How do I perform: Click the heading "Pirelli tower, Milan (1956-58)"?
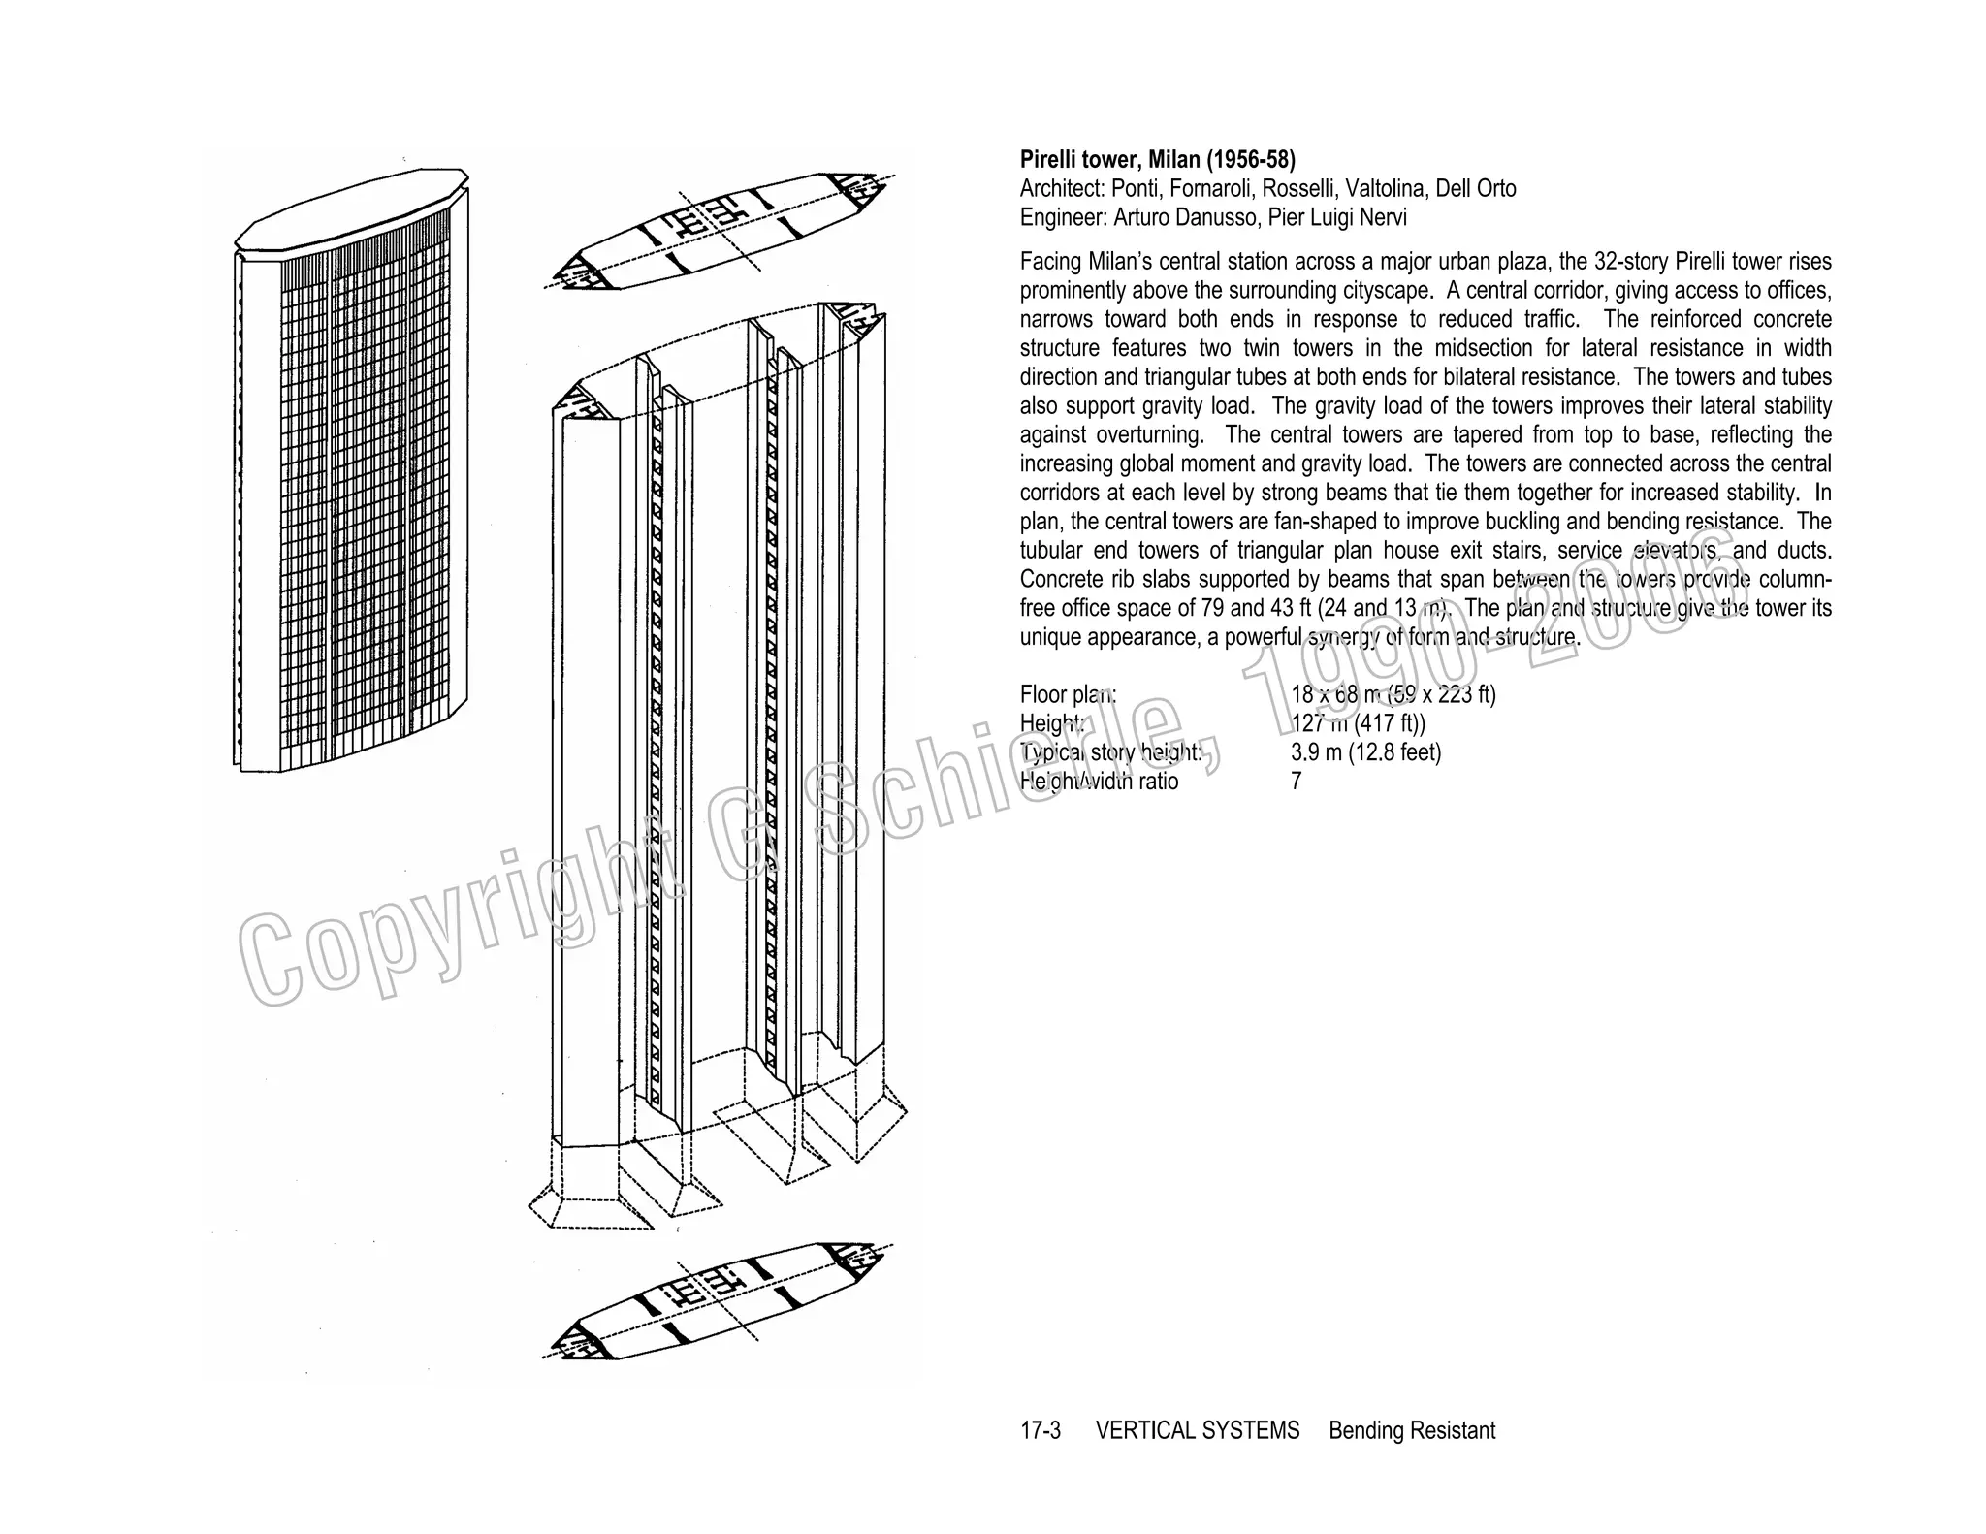(x=1157, y=159)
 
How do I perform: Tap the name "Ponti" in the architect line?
(x=1139, y=188)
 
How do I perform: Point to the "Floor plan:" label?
(x=1068, y=694)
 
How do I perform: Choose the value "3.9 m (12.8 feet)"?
(x=1365, y=752)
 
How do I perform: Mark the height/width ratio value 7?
(x=1297, y=782)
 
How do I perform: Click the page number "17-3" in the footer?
(x=1041, y=1430)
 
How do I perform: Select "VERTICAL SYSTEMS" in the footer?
(x=1197, y=1430)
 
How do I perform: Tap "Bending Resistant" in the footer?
(x=1411, y=1430)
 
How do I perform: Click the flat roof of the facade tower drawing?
(x=349, y=208)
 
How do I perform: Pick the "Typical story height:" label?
(x=1110, y=752)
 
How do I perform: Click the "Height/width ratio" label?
(x=1099, y=782)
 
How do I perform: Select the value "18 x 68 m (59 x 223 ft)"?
(x=1393, y=694)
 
